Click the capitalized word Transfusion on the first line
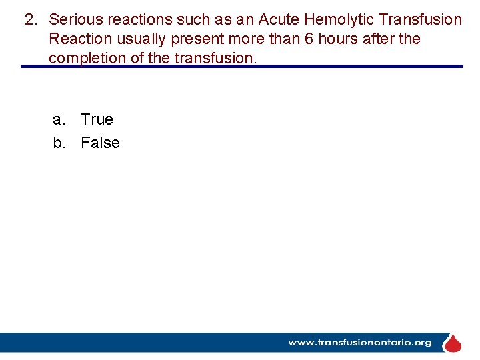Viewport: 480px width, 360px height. (x=420, y=20)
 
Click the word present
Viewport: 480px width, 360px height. (x=199, y=39)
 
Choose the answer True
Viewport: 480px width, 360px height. (x=97, y=120)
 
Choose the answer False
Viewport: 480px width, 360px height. (x=100, y=143)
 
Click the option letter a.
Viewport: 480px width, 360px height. (x=59, y=120)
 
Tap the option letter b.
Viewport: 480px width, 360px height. (x=59, y=143)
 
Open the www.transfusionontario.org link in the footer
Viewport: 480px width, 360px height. (x=359, y=343)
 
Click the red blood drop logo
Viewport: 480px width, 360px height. (x=453, y=343)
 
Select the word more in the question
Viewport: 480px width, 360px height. (x=248, y=39)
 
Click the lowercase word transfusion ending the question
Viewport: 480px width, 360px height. (x=215, y=58)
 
